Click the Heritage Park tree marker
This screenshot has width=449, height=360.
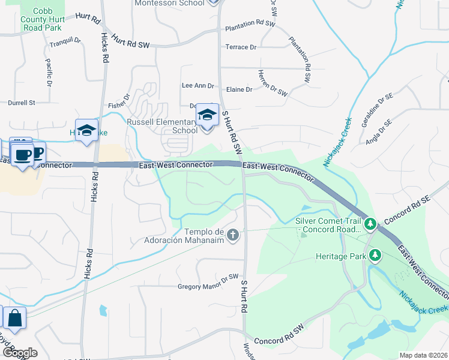tap(375, 256)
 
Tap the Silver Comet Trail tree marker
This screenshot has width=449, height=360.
tap(370, 224)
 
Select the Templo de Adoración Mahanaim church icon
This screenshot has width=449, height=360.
tap(232, 235)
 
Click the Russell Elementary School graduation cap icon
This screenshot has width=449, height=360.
tap(207, 114)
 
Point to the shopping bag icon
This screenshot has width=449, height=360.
tap(14, 318)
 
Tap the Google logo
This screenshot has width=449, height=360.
tap(20, 353)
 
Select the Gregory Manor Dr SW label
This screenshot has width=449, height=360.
tap(208, 286)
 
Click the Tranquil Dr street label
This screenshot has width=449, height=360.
tap(65, 41)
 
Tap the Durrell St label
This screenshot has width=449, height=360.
tap(22, 103)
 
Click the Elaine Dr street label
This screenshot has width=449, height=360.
tap(240, 89)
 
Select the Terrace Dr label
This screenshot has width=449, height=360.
tap(241, 47)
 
